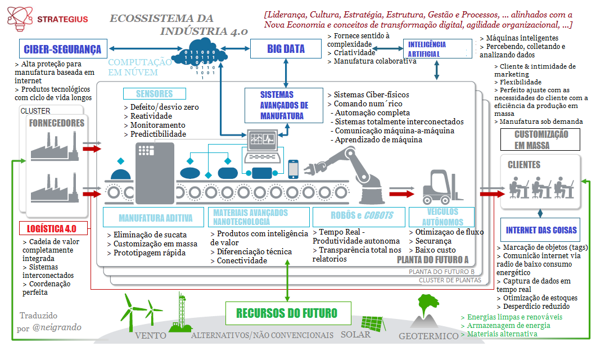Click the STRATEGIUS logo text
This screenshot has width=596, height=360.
(62, 19)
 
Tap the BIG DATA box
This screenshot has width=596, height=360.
(286, 49)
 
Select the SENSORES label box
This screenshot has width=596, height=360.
(154, 94)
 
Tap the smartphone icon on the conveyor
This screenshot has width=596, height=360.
(293, 169)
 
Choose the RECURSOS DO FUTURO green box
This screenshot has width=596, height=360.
(287, 313)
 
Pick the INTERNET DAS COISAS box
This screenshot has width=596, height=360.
(541, 231)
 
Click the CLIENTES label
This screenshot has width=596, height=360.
(524, 165)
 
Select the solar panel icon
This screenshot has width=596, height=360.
(373, 323)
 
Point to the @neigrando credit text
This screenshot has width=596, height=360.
(56, 327)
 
